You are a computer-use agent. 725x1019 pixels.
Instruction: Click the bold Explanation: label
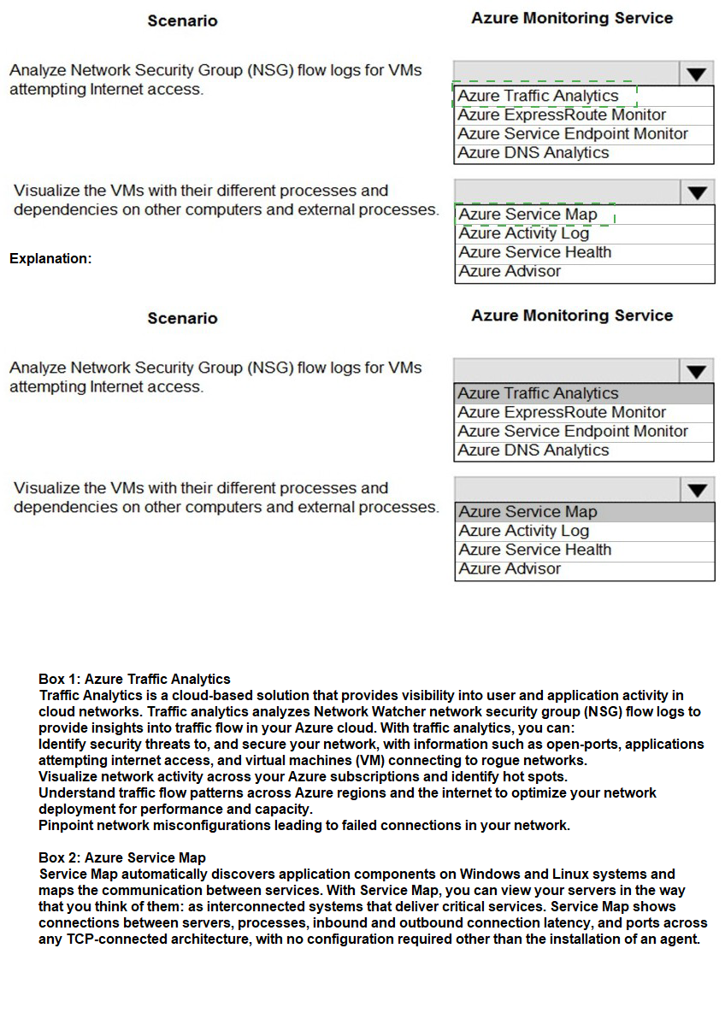point(50,258)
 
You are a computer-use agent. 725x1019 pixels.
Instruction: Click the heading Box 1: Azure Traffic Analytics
point(134,680)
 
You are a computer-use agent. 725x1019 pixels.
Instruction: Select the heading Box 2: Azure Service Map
point(122,857)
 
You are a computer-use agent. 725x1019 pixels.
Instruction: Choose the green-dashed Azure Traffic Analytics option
point(538,96)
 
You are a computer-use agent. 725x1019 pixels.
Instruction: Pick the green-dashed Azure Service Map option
point(528,214)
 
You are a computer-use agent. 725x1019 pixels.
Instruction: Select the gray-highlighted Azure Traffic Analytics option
point(538,393)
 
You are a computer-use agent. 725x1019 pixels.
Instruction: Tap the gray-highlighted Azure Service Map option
point(528,511)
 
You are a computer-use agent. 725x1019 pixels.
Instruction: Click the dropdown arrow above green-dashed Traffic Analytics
point(698,74)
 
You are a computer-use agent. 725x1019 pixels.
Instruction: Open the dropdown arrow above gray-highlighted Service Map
point(698,490)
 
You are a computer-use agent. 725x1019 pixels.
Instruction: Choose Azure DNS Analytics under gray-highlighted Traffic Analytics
point(533,451)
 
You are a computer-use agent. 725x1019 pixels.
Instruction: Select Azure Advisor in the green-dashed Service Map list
point(510,271)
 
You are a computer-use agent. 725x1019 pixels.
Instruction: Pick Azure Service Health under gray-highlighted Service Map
point(535,550)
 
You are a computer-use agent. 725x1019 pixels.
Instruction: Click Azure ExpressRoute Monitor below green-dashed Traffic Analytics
point(562,115)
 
